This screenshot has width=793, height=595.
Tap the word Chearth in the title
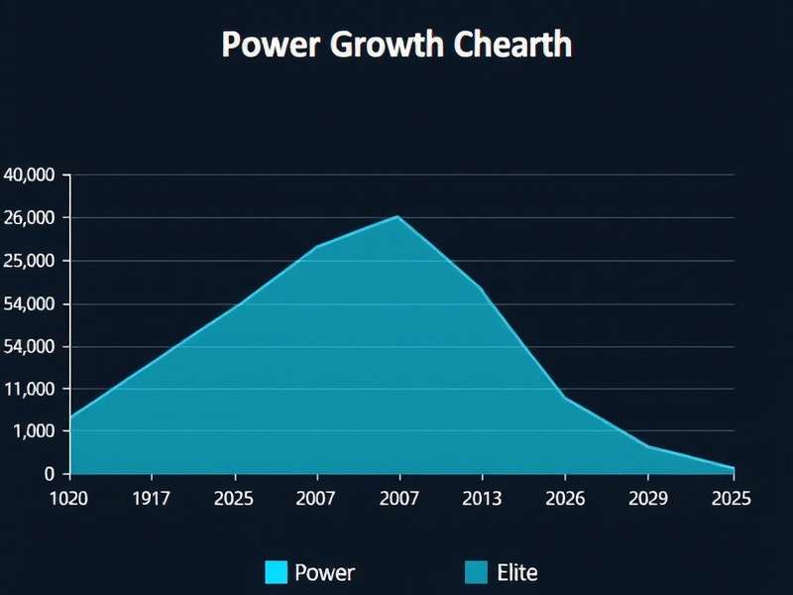[511, 46]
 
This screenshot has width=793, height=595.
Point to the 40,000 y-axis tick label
[32, 176]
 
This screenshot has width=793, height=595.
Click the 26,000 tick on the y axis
[32, 218]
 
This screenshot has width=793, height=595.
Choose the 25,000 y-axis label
[32, 261]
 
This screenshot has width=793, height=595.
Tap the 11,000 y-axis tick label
[32, 389]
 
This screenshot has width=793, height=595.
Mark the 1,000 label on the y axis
[36, 431]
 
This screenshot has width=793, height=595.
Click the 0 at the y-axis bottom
[50, 474]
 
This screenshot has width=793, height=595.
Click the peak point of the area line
[398, 216]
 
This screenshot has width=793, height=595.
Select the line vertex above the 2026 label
[565, 398]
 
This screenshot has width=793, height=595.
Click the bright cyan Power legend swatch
[277, 572]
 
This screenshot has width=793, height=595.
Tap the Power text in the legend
[324, 572]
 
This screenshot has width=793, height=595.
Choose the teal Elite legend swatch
[476, 572]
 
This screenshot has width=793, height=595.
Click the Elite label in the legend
[516, 572]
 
